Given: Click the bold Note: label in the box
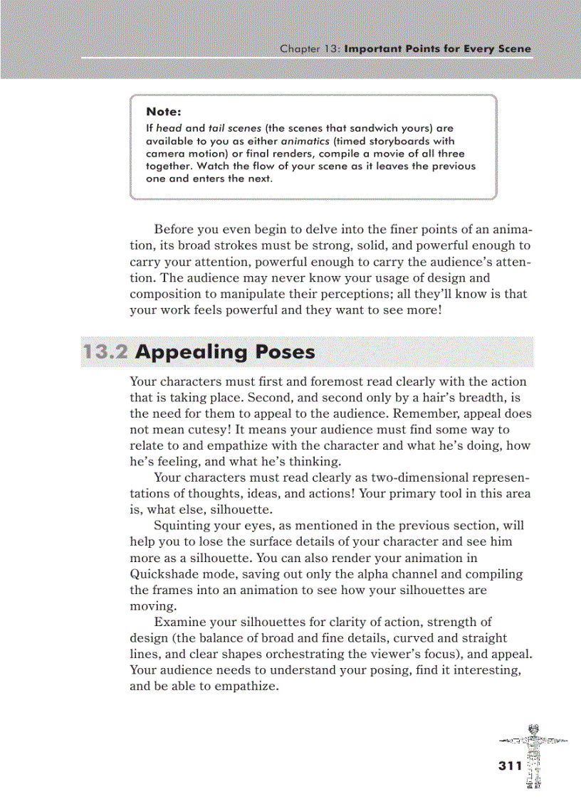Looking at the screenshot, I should pos(163,112).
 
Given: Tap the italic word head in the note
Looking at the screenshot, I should pos(169,129).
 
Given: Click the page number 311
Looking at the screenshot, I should pos(510,766).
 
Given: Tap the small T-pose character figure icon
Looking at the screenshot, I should pos(533,754).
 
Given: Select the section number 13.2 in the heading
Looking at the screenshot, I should pos(105,352).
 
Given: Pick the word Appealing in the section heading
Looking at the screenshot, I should pos(187,352).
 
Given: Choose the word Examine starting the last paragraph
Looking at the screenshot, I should pos(179,622).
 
